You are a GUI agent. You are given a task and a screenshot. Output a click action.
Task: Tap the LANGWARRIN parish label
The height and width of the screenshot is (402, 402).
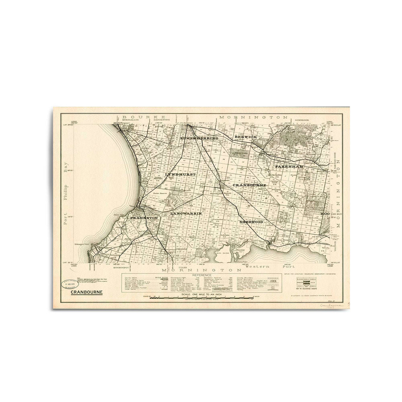(x=186, y=213)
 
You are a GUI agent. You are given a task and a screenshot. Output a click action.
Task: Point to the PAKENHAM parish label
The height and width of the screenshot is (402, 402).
(x=289, y=166)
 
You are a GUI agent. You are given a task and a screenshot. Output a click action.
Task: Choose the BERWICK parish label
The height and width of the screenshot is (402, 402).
(x=246, y=137)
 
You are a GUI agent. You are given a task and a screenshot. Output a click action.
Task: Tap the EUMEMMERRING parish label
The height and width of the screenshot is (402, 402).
(x=199, y=138)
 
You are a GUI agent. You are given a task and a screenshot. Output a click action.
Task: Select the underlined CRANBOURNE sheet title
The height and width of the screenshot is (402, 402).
(x=87, y=292)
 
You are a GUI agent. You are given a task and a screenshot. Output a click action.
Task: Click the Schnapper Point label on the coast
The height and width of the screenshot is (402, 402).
(x=81, y=244)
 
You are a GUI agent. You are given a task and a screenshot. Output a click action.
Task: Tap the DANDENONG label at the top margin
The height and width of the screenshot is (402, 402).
(x=162, y=120)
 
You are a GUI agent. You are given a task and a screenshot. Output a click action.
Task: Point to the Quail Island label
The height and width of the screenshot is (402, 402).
(x=224, y=254)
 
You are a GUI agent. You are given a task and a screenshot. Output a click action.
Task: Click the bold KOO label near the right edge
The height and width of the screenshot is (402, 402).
(x=325, y=213)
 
